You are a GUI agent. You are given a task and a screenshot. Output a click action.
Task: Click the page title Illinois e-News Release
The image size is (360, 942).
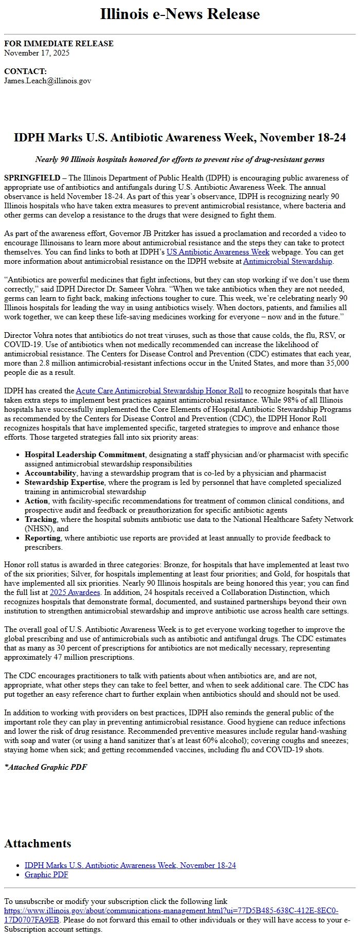click(x=179, y=14)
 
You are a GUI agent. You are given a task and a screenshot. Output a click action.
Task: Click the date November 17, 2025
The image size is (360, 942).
click(x=37, y=53)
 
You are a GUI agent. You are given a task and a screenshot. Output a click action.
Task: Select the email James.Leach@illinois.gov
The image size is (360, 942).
click(x=47, y=81)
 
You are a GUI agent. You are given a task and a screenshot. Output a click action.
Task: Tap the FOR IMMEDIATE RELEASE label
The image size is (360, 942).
click(x=59, y=44)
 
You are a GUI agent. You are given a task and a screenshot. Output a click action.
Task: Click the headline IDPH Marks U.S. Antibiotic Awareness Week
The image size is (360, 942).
click(x=179, y=138)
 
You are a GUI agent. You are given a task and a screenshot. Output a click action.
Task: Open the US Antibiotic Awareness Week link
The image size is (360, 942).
click(x=218, y=252)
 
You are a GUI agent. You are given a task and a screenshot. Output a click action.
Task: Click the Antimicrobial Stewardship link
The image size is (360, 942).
click(x=287, y=262)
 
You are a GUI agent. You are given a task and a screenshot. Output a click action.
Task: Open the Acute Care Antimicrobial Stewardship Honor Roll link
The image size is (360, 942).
click(x=160, y=391)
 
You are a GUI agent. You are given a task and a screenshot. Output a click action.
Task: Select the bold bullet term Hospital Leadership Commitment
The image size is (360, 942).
click(x=84, y=455)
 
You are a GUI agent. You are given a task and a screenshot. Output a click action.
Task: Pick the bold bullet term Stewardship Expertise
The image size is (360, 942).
click(x=64, y=483)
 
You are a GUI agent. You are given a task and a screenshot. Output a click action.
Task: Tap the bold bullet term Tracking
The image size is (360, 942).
click(x=40, y=520)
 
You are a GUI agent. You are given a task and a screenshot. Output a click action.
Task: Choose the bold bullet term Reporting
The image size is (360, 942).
click(x=42, y=538)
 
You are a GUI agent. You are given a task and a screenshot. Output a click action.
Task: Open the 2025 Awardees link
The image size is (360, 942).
click(x=75, y=593)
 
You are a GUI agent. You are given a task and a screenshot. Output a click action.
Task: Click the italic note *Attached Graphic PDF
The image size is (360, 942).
click(x=45, y=768)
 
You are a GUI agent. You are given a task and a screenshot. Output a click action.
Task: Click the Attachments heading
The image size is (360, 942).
click(x=38, y=844)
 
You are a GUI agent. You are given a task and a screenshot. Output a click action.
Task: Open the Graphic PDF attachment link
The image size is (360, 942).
click(x=46, y=875)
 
